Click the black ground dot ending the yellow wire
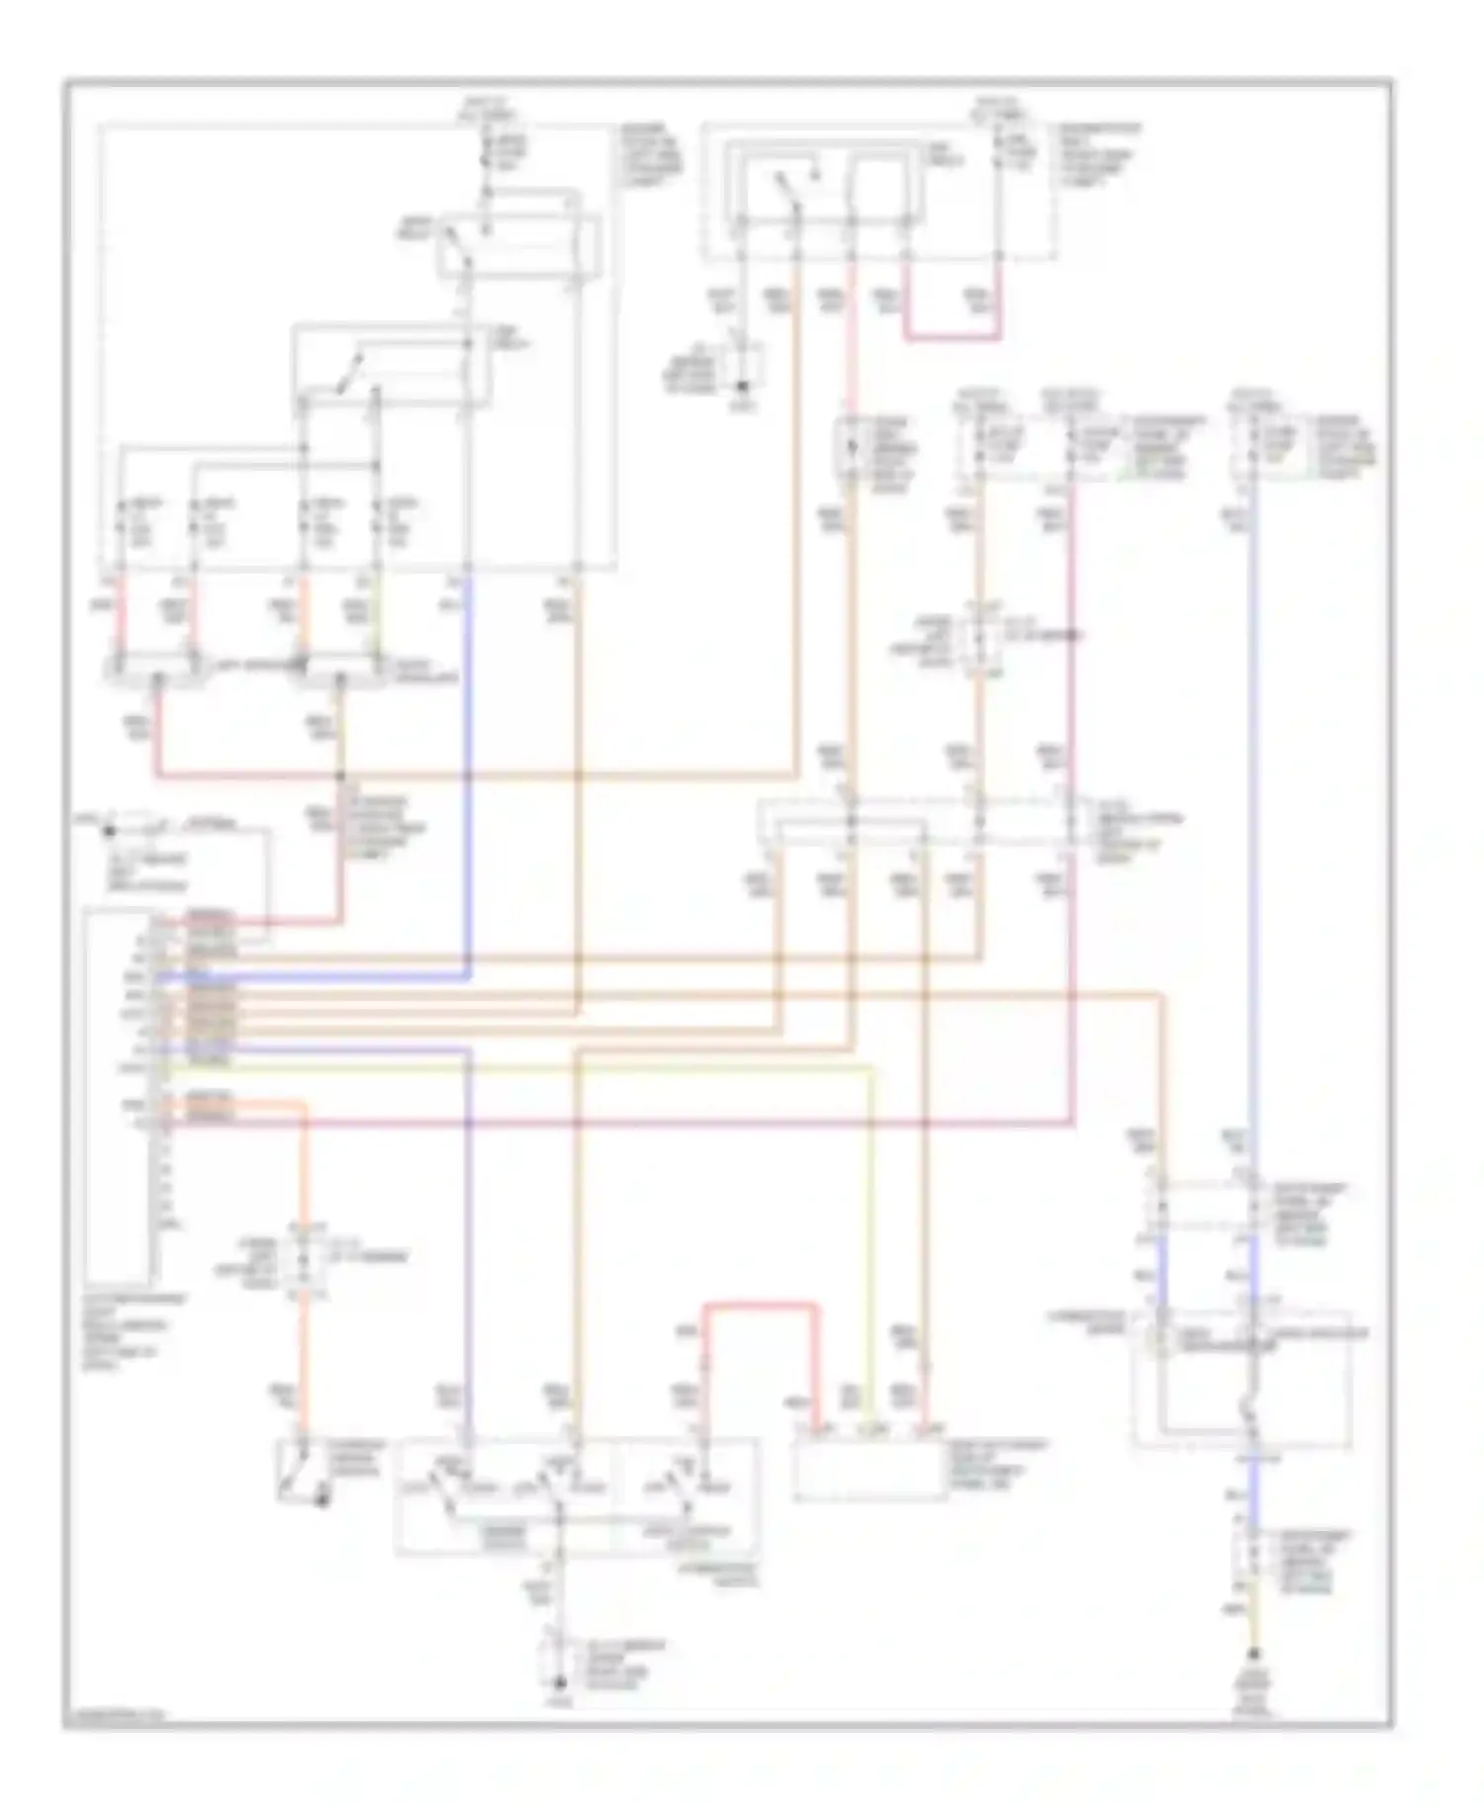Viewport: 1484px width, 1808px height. (x=1254, y=1653)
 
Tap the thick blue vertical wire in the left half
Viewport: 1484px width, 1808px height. (x=468, y=771)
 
